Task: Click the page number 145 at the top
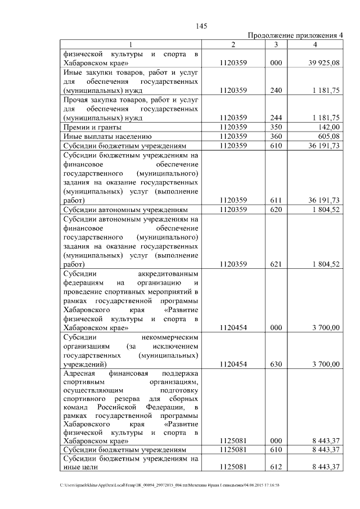[x=201, y=25]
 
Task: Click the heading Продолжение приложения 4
[x=295, y=35]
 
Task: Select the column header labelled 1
[x=130, y=44]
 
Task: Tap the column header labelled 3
[x=276, y=44]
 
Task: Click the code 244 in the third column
[x=276, y=118]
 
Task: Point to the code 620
[x=276, y=209]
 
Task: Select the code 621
[x=276, y=264]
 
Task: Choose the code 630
[x=276, y=364]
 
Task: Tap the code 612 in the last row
[x=276, y=467]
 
